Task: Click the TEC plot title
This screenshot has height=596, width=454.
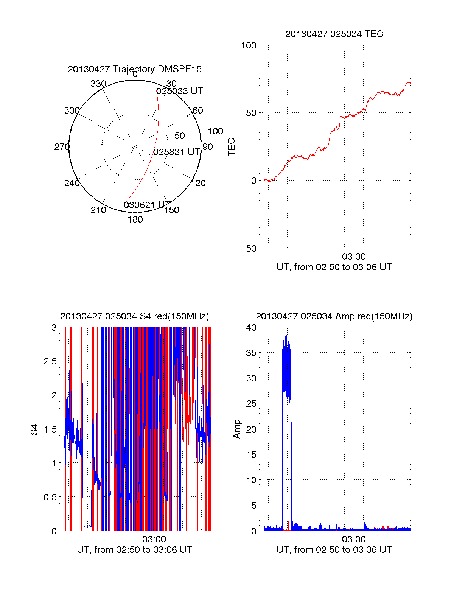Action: coord(334,34)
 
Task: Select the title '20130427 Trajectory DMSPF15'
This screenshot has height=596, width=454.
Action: coord(135,69)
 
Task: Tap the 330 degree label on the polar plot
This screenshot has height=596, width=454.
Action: coord(98,84)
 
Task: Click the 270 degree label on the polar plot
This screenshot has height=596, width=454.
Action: coord(62,147)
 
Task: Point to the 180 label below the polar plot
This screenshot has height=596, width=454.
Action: coord(135,219)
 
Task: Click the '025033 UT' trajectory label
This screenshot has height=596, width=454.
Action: coord(180,91)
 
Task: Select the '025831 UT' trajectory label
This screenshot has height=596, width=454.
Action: coord(177,152)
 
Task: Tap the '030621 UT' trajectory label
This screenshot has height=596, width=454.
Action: coord(147,205)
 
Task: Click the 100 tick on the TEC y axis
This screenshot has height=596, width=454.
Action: coord(249,45)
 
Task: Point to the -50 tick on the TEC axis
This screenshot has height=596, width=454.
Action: coord(249,249)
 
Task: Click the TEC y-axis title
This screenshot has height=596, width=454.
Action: coord(231,147)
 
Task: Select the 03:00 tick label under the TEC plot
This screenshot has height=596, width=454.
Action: coord(354,257)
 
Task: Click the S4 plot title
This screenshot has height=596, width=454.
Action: coord(134,316)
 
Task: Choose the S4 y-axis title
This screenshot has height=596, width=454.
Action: coord(34,429)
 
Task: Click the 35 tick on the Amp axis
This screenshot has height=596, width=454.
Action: coord(251,353)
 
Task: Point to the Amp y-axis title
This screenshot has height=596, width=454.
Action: coord(237,429)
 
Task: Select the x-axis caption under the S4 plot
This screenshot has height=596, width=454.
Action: coord(134,550)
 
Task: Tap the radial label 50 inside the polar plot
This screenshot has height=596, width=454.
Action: coord(180,136)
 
